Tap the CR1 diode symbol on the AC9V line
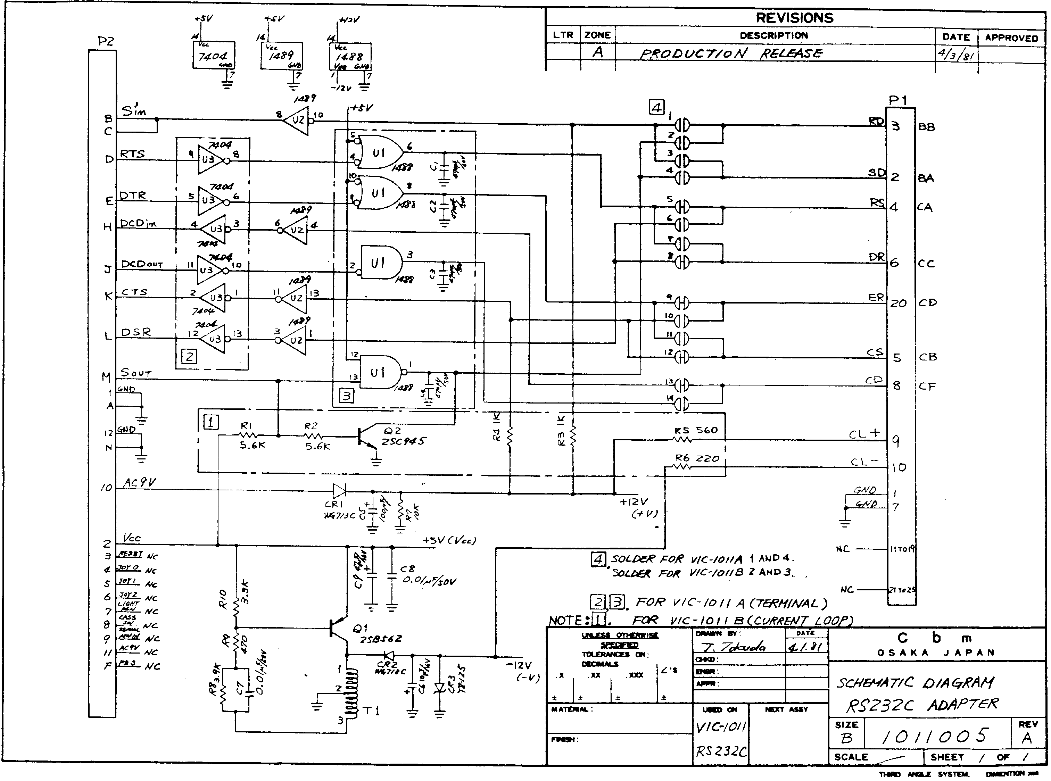(339, 490)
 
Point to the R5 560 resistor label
(696, 431)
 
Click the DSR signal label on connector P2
(136, 332)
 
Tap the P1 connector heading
(897, 100)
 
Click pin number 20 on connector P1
(898, 303)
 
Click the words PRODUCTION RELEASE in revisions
(730, 53)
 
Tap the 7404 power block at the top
(214, 56)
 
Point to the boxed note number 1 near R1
(211, 422)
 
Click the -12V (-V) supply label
(521, 671)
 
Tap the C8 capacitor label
(407, 569)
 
